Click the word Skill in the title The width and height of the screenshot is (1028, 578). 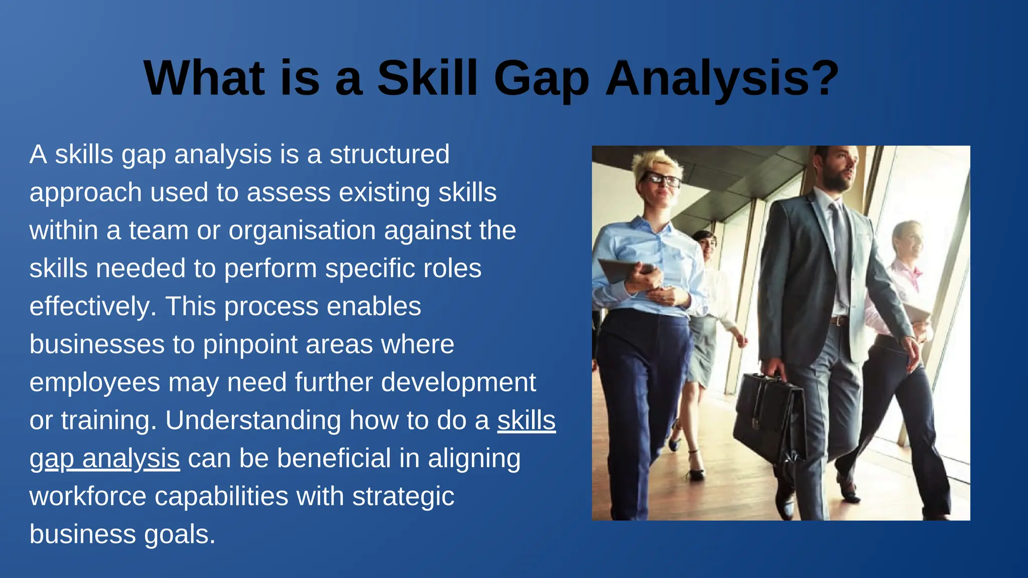pyautogui.click(x=427, y=78)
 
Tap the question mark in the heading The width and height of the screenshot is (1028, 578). pyautogui.click(x=824, y=78)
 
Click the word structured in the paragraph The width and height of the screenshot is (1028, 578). pyautogui.click(x=390, y=154)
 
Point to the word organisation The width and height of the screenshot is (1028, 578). pyautogui.click(x=302, y=231)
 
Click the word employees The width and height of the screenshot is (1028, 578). pyautogui.click(x=95, y=383)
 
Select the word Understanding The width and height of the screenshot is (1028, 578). pyautogui.click(x=253, y=420)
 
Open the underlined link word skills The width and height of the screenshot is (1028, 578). pyautogui.click(x=526, y=420)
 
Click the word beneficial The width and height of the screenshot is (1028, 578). pyautogui.click(x=334, y=459)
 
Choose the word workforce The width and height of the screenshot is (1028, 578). pyautogui.click(x=88, y=497)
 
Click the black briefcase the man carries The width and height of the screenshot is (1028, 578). pyautogui.click(x=768, y=416)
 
